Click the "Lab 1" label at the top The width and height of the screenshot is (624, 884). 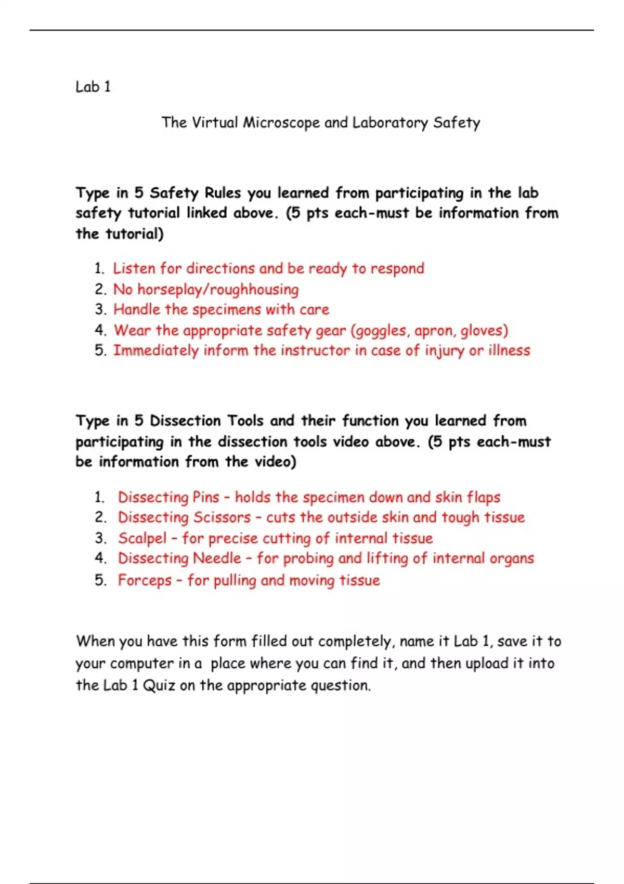click(x=93, y=86)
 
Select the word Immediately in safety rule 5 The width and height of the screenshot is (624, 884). click(x=156, y=351)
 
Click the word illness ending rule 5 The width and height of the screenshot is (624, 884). click(x=509, y=350)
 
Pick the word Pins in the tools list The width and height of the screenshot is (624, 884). click(x=206, y=497)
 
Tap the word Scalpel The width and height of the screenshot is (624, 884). click(x=142, y=538)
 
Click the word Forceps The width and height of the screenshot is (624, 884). click(x=145, y=580)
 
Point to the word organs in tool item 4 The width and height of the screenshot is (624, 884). click(x=512, y=559)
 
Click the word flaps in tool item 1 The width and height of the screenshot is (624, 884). click(x=484, y=497)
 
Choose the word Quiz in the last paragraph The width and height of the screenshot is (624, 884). click(x=159, y=685)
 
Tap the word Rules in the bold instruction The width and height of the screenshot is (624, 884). click(x=223, y=193)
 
